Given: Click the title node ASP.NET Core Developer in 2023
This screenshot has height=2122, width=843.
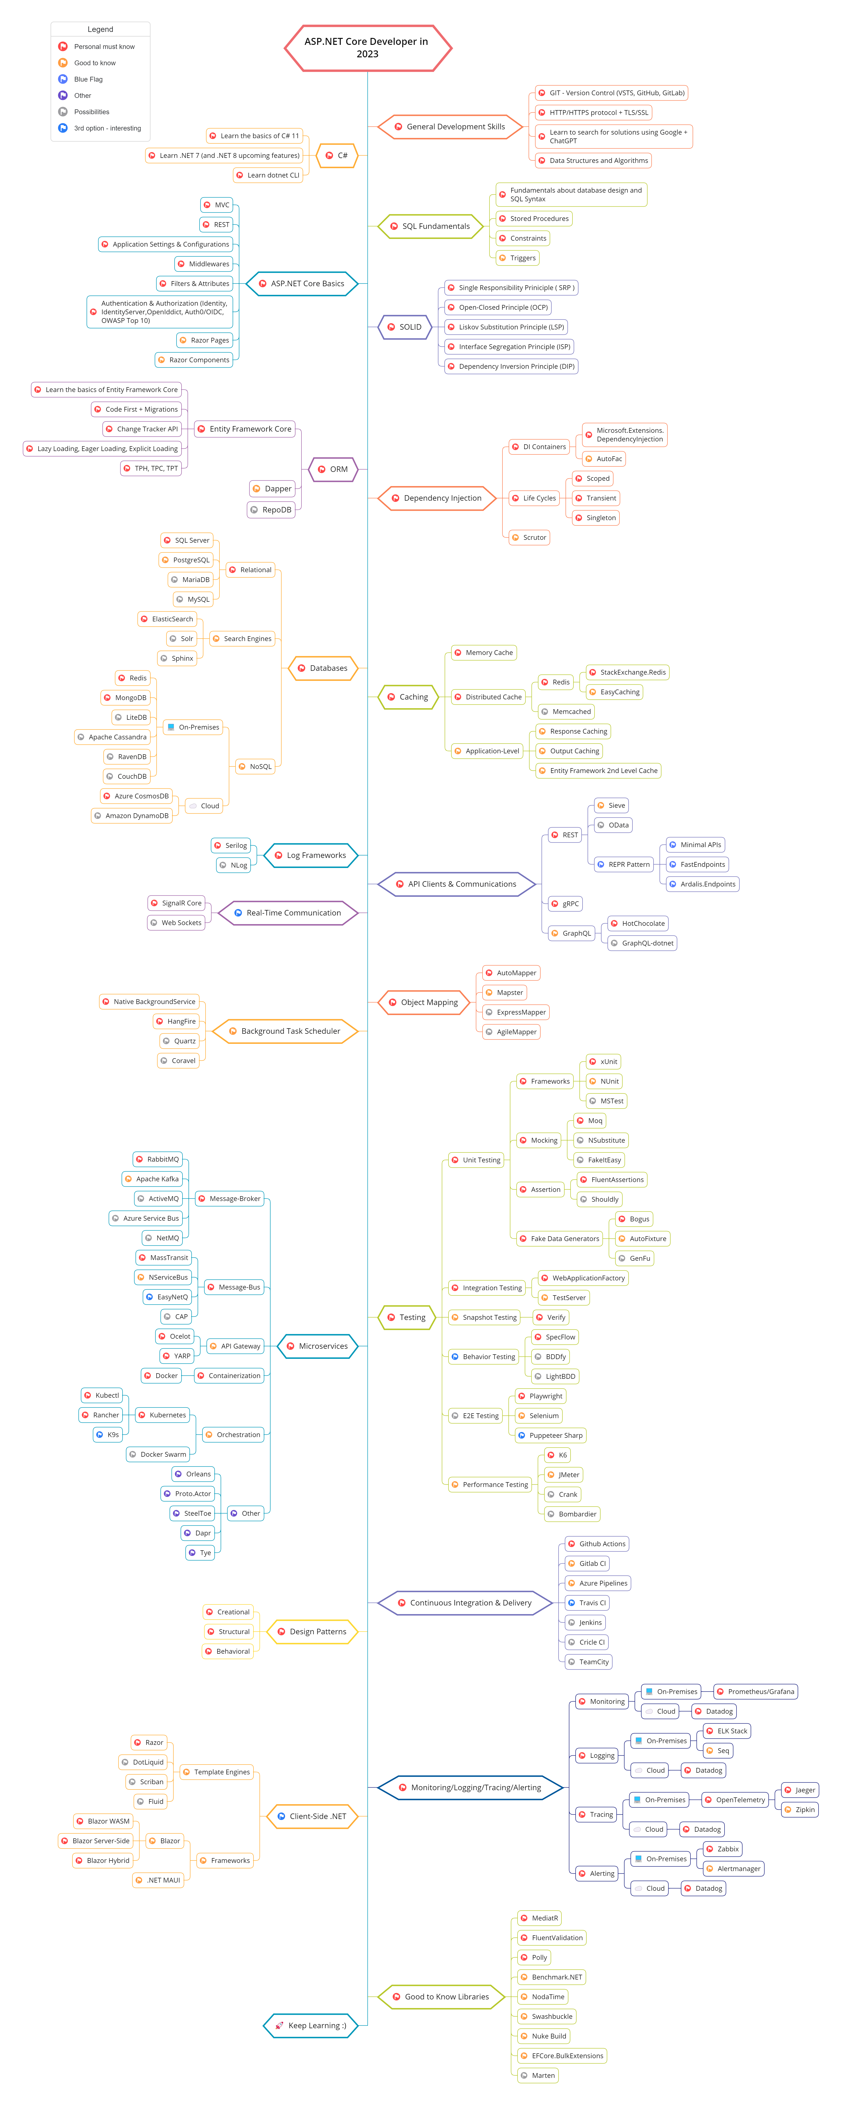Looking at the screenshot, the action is pos(367,48).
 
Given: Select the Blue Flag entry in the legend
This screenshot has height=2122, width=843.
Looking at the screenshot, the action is pos(88,79).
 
